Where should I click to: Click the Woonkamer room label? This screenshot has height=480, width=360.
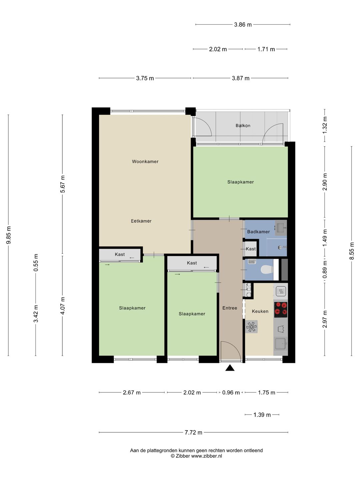pyautogui.click(x=145, y=162)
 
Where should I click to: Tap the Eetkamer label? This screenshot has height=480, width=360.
pyautogui.click(x=141, y=221)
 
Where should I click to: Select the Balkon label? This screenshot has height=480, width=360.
pyautogui.click(x=243, y=126)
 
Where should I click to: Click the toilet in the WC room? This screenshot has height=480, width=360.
pyautogui.click(x=267, y=269)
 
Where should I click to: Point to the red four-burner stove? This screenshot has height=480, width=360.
pyautogui.click(x=281, y=309)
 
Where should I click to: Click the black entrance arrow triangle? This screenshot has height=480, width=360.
pyautogui.click(x=230, y=368)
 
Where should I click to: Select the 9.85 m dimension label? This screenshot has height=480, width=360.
pyautogui.click(x=8, y=235)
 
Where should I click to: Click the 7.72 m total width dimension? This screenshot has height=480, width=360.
pyautogui.click(x=193, y=432)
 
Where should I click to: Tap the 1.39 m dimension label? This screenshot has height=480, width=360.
pyautogui.click(x=262, y=415)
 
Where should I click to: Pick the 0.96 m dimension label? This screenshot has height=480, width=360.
pyautogui.click(x=231, y=393)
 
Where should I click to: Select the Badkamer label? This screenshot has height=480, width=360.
pyautogui.click(x=258, y=232)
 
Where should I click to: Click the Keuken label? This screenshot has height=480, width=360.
pyautogui.click(x=260, y=311)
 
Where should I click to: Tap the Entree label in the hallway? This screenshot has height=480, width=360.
pyautogui.click(x=230, y=308)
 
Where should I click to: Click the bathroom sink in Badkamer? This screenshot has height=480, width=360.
pyautogui.click(x=281, y=228)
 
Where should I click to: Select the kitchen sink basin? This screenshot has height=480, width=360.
pyautogui.click(x=281, y=344)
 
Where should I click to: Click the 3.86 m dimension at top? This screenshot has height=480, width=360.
pyautogui.click(x=243, y=25)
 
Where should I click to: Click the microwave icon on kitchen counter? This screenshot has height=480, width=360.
pyautogui.click(x=281, y=291)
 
